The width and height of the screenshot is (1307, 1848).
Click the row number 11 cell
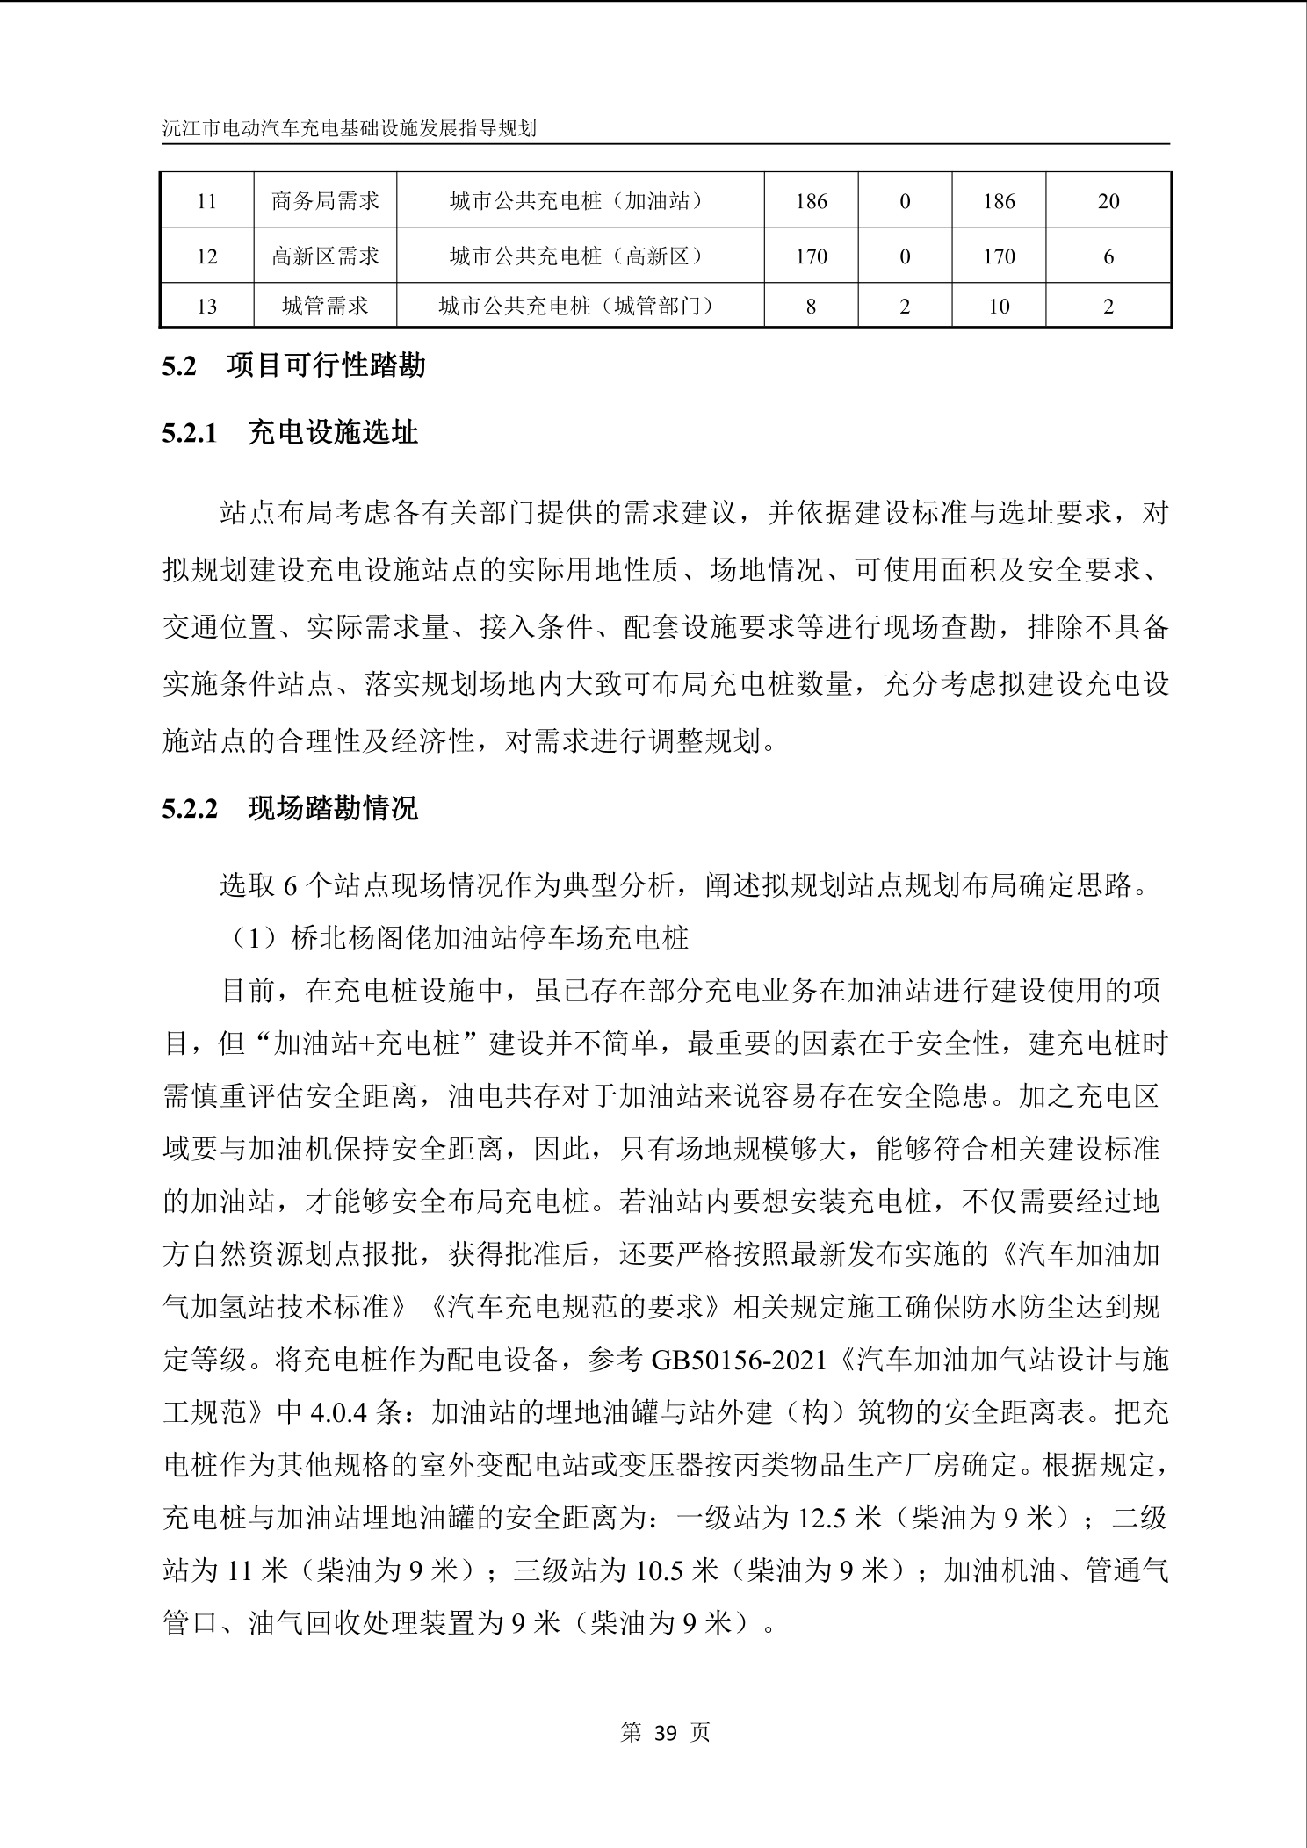[206, 201]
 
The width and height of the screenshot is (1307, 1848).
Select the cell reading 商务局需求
[325, 201]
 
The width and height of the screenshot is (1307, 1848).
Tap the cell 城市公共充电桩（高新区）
[580, 256]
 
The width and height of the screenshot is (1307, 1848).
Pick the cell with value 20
[1108, 201]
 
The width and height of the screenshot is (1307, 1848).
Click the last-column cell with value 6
[1108, 256]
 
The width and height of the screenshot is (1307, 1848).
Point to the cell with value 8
[811, 307]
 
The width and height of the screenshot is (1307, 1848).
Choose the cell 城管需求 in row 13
[325, 307]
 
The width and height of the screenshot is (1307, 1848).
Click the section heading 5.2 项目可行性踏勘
[293, 365]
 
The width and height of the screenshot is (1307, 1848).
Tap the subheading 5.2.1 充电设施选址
[290, 433]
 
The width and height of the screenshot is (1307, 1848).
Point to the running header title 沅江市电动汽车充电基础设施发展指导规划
[350, 128]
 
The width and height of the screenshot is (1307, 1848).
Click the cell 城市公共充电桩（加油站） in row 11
[580, 201]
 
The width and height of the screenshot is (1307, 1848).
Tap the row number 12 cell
[206, 256]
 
